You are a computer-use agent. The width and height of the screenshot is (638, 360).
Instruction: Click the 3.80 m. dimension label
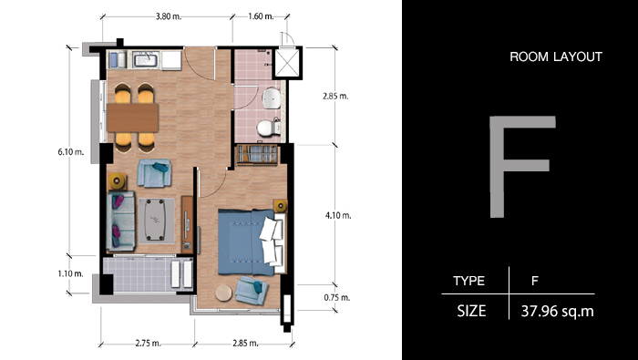[168, 16]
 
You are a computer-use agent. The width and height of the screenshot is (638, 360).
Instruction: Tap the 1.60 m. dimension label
[261, 16]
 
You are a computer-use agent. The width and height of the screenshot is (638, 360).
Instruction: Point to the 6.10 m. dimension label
[71, 152]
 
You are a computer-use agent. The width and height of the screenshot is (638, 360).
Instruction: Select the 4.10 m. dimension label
[338, 216]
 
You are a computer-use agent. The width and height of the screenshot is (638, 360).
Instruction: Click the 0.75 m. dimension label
[337, 297]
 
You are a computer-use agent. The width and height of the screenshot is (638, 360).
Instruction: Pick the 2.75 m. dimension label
[148, 344]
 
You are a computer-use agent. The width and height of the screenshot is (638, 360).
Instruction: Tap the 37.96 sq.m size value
[557, 312]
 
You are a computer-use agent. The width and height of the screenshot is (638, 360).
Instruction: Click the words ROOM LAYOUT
[556, 57]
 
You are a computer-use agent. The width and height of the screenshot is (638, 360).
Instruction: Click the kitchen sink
[146, 60]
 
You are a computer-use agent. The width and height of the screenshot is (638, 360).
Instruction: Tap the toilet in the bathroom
[268, 128]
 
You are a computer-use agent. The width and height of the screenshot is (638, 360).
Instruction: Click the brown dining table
[133, 118]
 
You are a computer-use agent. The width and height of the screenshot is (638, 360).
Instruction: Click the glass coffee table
[155, 220]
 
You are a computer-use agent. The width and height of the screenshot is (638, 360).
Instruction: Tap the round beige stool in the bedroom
[223, 293]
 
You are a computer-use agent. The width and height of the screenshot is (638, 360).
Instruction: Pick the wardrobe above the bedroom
[257, 155]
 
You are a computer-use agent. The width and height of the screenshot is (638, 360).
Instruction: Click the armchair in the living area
[154, 173]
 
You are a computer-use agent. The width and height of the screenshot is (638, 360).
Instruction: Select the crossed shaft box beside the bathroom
[287, 63]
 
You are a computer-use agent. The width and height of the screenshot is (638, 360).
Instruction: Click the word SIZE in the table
[471, 312]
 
